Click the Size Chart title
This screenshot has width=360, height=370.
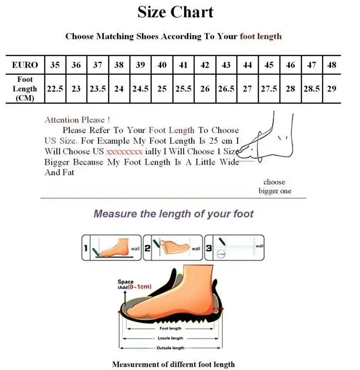point(175,12)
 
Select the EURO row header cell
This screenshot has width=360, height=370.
point(25,65)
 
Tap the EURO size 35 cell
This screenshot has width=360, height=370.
point(55,65)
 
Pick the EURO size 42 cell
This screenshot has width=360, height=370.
point(205,65)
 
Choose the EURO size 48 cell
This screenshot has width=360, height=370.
point(331,65)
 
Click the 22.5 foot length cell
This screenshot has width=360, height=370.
point(55,89)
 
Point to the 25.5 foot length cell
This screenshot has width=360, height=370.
point(183,89)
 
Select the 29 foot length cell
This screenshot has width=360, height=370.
point(331,89)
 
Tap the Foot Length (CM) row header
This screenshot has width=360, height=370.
point(25,89)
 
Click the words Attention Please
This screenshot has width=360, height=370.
point(77,120)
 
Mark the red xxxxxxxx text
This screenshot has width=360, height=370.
point(124,151)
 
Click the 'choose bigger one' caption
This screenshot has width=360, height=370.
point(274,187)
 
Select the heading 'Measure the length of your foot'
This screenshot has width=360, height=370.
point(174,213)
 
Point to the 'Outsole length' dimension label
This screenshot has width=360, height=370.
point(171,348)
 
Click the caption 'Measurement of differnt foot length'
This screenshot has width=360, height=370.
point(174,364)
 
